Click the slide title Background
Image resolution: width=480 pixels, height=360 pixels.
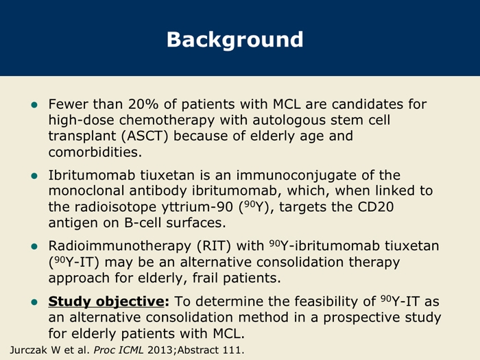pyautogui.click(x=235, y=40)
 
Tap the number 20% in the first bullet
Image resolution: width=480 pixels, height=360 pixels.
pyautogui.click(x=143, y=104)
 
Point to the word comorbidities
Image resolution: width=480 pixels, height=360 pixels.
pyautogui.click(x=95, y=152)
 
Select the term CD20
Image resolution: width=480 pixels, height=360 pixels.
pyautogui.click(x=376, y=207)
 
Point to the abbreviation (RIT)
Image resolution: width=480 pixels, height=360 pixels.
pyautogui.click(x=214, y=246)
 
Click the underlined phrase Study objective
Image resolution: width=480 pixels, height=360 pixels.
pyautogui.click(x=106, y=302)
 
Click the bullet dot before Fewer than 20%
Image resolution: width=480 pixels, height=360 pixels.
pyautogui.click(x=34, y=106)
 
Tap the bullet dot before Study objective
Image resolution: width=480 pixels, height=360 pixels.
pyautogui.click(x=34, y=302)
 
